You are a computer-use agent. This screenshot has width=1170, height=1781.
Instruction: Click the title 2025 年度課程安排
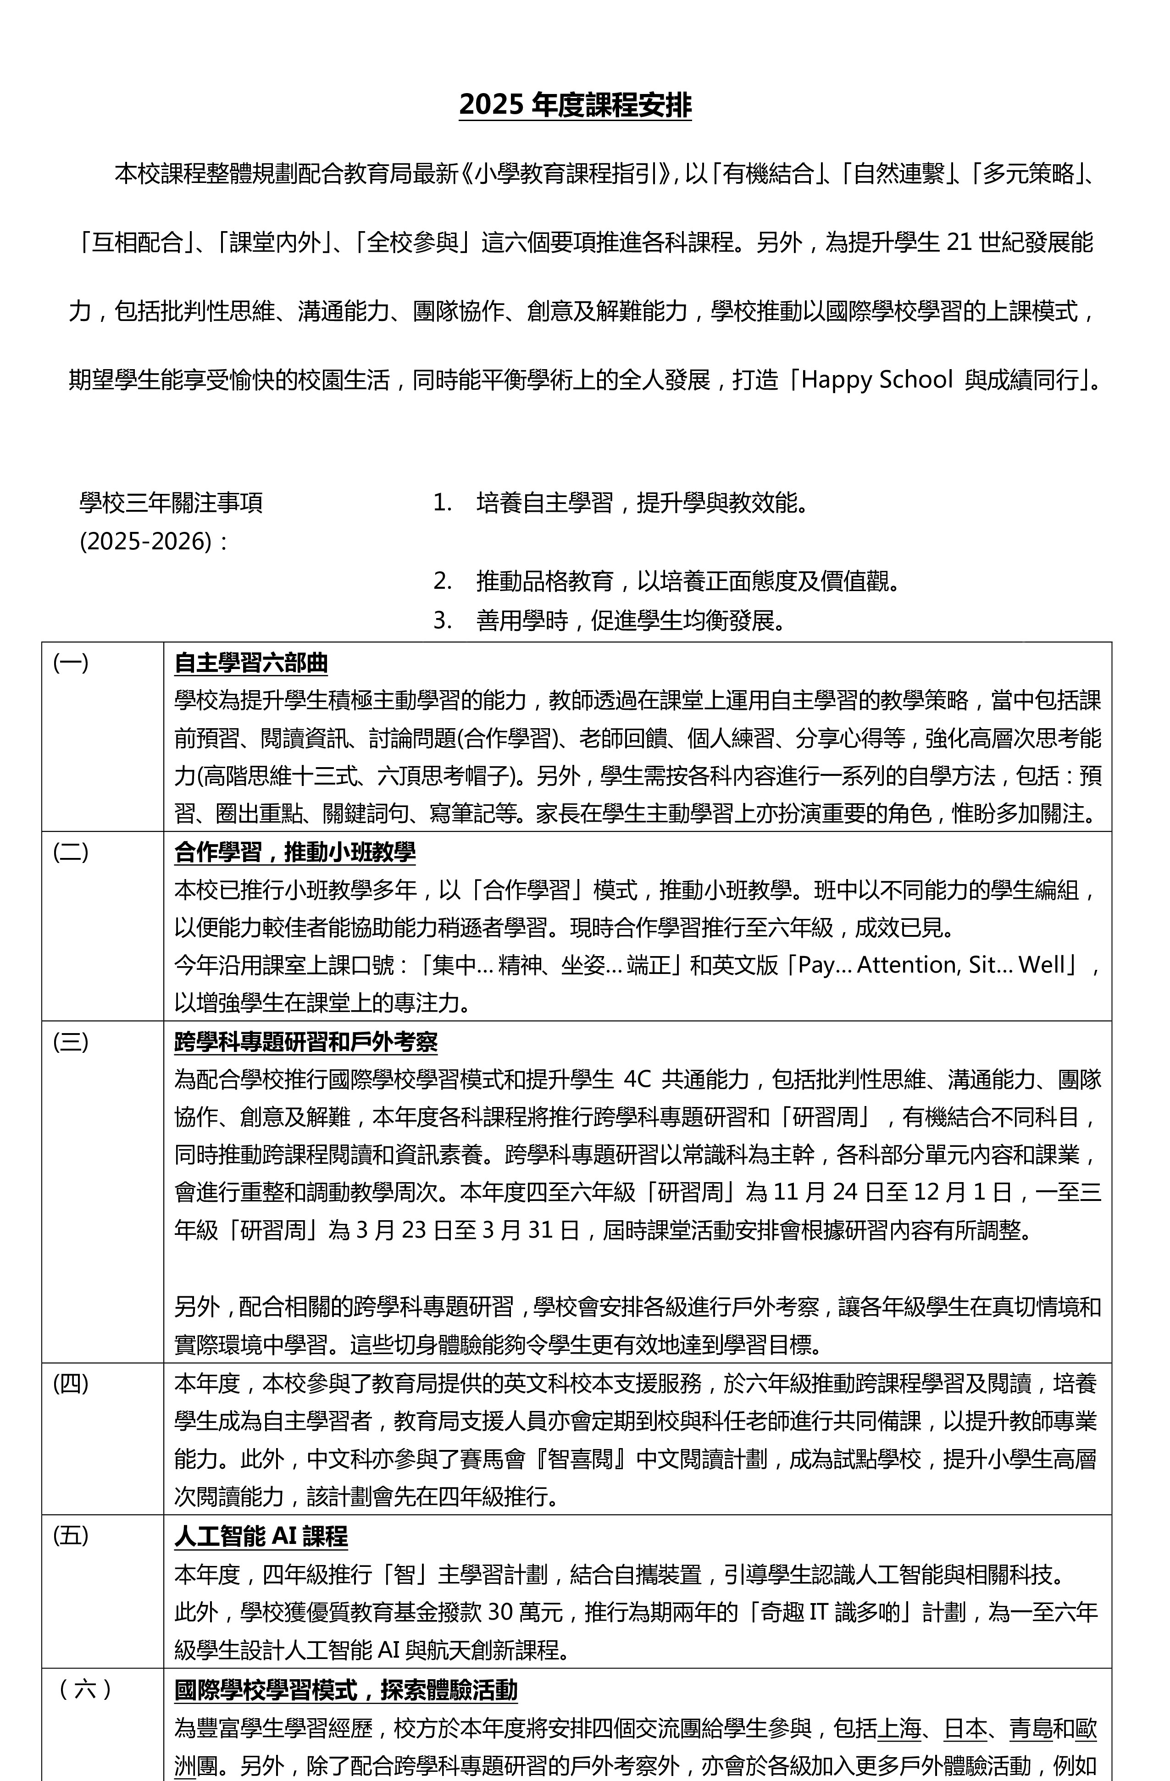pos(575,105)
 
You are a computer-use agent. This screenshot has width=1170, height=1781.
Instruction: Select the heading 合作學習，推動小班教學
pos(294,852)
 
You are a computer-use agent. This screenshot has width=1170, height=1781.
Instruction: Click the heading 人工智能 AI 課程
pos(261,1536)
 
